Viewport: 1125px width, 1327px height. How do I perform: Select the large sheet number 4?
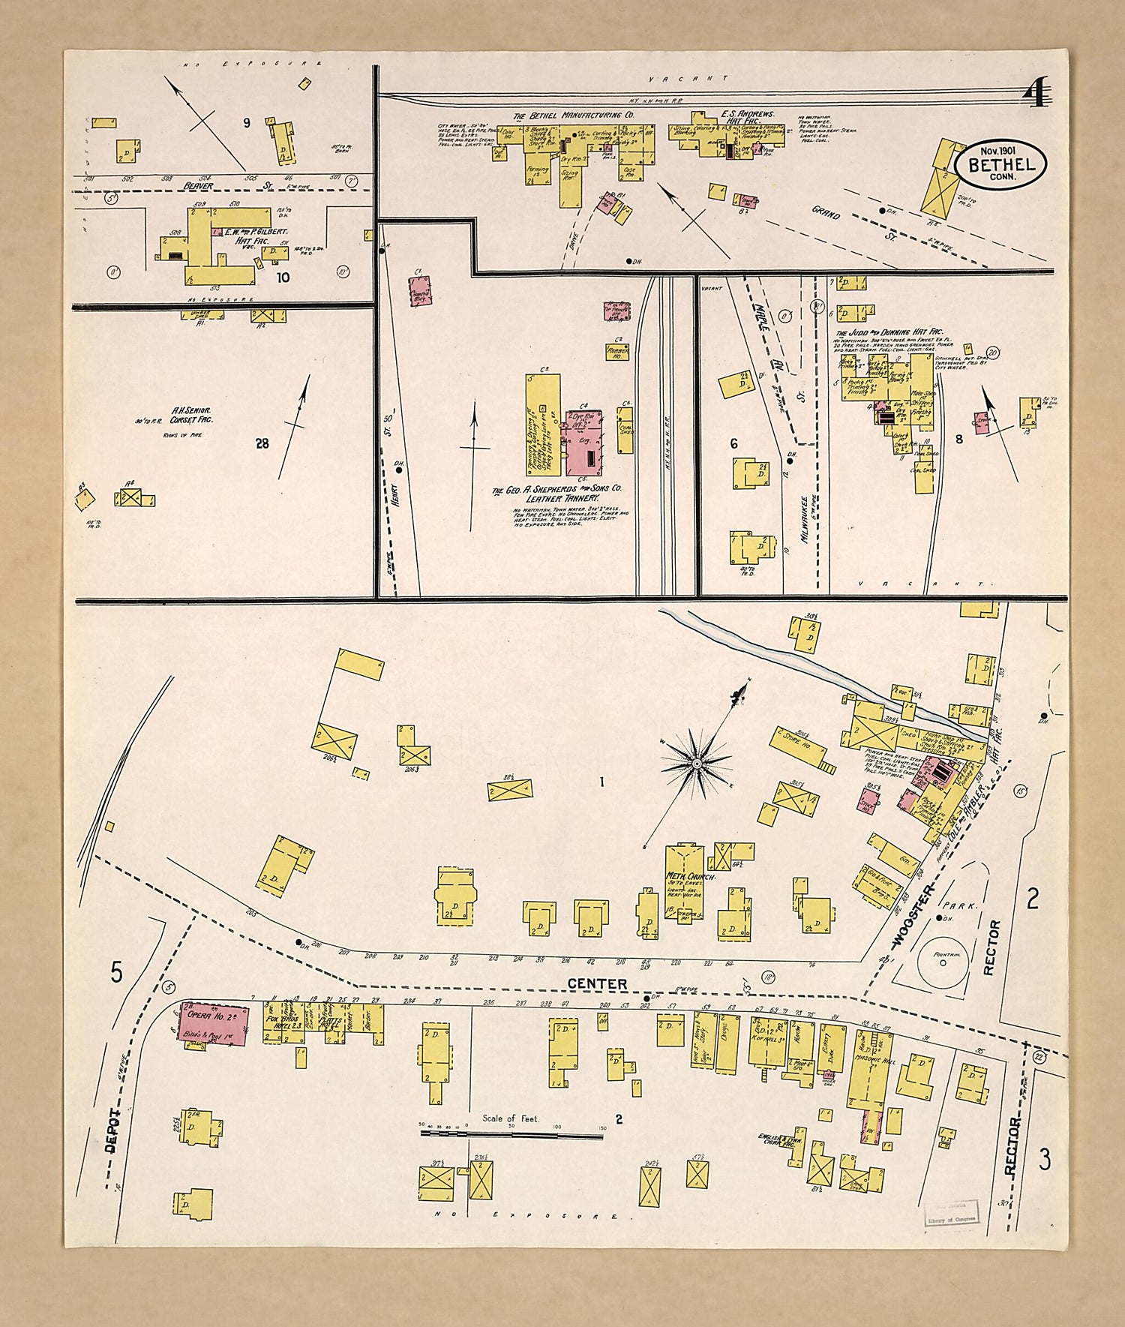(x=1038, y=94)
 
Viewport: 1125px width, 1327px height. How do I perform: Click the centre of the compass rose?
(x=697, y=764)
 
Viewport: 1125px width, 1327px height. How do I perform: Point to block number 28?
(x=261, y=443)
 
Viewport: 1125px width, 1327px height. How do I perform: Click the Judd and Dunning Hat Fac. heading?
(x=889, y=332)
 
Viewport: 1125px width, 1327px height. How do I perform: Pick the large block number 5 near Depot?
(x=116, y=972)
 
